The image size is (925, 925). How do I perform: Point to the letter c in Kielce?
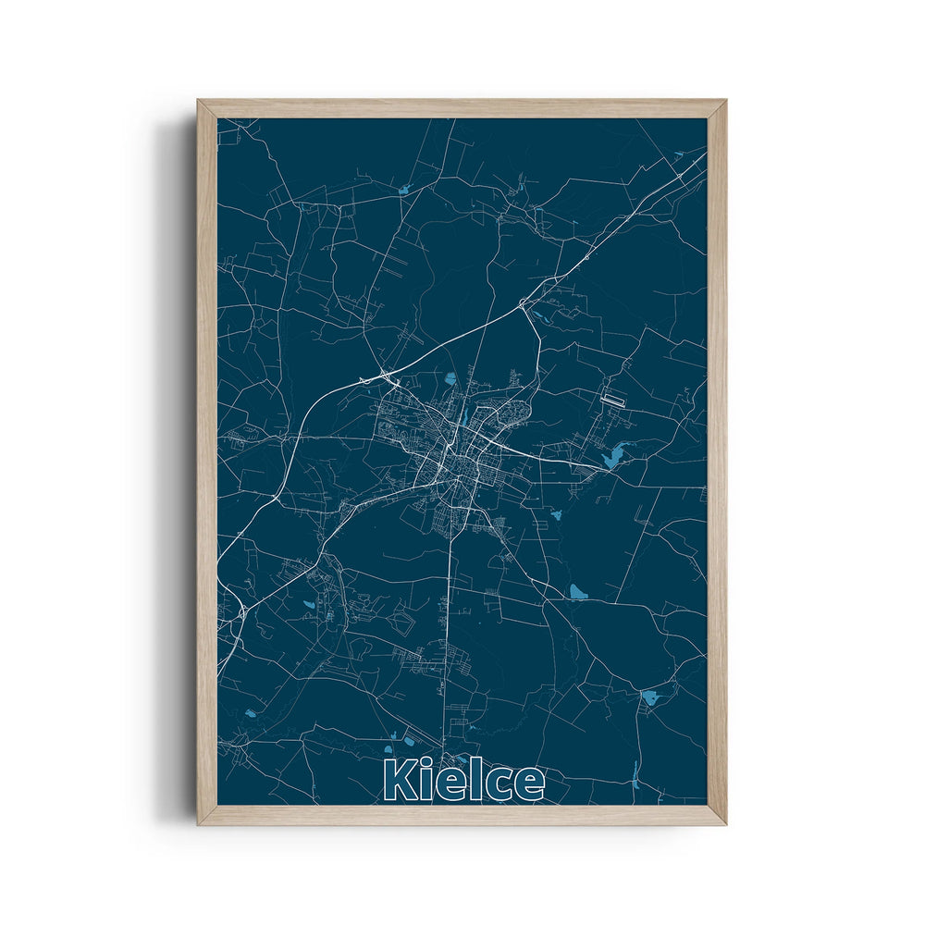(497, 785)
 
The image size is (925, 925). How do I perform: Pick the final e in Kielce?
(528, 785)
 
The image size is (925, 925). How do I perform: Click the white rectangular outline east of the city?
(613, 400)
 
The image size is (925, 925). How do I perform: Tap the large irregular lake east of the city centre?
(611, 455)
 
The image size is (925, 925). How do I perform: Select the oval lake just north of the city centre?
(450, 377)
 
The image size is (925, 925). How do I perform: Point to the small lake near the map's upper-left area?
(404, 191)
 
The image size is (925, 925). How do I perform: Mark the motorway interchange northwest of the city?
(382, 376)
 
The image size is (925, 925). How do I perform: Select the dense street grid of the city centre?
(453, 453)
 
